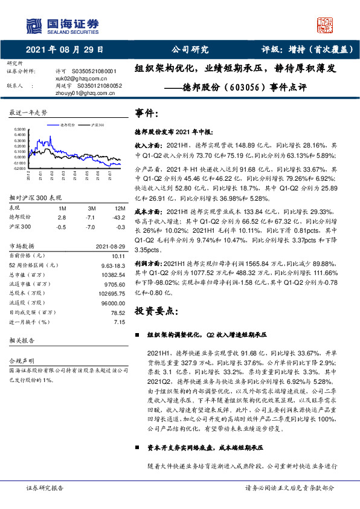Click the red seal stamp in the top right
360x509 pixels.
point(326,24)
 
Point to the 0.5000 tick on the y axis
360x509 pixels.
point(18,129)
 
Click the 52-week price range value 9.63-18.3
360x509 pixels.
point(111,265)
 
